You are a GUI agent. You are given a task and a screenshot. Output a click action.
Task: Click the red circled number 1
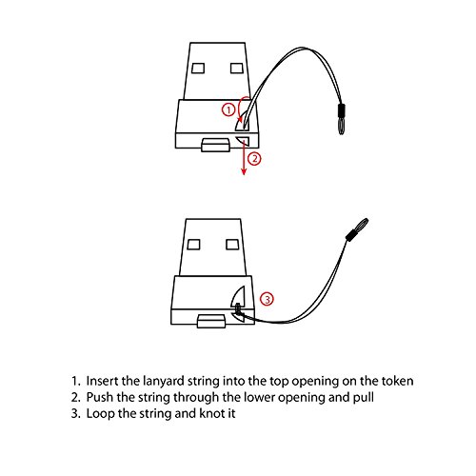point(228,109)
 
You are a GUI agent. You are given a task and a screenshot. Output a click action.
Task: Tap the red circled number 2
point(254,159)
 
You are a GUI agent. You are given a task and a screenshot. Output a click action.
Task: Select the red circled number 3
point(267,299)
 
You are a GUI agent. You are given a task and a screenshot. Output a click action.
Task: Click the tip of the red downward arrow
point(244,174)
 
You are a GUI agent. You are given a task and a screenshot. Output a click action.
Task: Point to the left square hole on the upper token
point(198,68)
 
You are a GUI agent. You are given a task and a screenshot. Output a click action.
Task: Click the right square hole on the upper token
point(237,68)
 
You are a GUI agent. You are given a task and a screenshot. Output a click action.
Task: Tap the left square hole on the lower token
point(193,245)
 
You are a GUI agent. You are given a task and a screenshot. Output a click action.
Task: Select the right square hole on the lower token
point(232,245)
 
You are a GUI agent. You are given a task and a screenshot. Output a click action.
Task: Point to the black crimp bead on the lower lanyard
point(351,235)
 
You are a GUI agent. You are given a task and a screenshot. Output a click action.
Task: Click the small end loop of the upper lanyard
point(341,125)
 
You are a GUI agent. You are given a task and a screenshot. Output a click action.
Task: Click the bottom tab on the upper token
point(216,145)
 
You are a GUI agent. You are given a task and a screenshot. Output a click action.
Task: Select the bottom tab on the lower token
point(211,321)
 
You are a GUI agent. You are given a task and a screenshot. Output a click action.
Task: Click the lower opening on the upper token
point(244,141)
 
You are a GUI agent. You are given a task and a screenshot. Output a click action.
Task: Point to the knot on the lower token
point(238,307)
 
